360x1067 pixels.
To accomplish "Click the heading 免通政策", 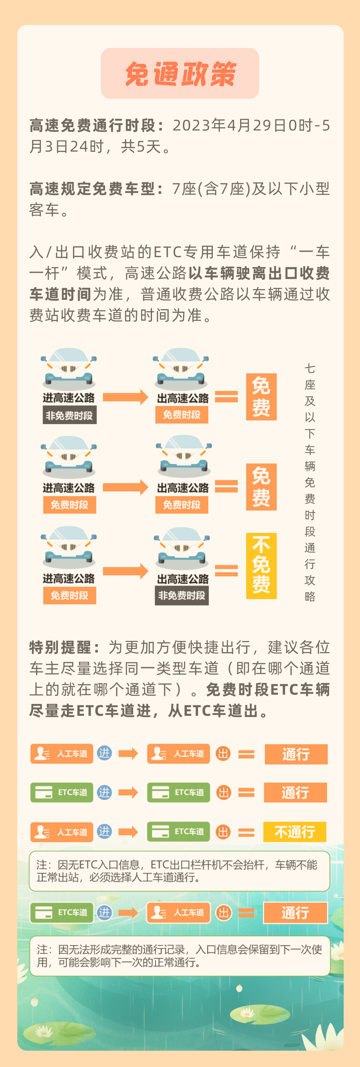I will [180, 74].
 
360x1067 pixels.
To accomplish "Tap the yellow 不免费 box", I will [261, 565].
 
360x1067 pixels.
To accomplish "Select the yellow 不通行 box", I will [294, 832].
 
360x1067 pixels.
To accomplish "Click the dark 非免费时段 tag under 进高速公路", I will [69, 415].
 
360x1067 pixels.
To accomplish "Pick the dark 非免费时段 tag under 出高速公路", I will [181, 595].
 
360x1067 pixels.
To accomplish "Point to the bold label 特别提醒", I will [64, 647].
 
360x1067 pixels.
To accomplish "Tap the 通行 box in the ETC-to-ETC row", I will [295, 792].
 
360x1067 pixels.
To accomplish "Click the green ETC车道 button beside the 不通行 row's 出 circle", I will [179, 831].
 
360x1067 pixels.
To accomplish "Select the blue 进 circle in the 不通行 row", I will [104, 831].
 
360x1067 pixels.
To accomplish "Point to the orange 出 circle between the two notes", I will [223, 913].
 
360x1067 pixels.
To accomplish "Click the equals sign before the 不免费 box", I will [226, 570].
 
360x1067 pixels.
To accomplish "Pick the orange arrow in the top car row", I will [125, 397].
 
